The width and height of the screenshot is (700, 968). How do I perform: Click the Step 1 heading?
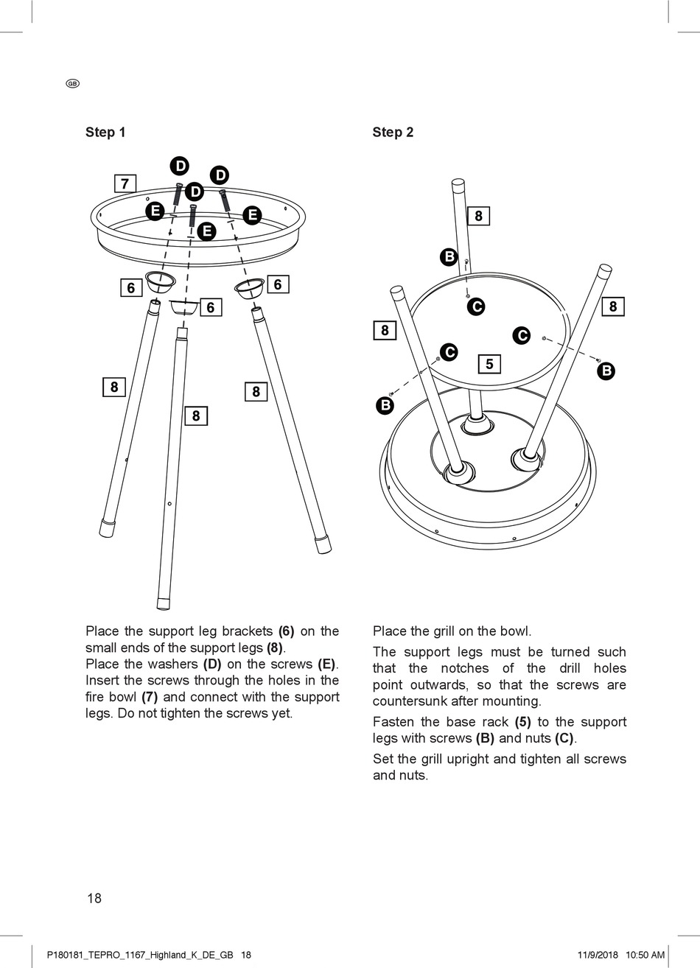105,133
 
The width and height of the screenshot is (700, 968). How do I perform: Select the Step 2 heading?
393,133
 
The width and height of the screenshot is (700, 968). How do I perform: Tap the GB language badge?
72,83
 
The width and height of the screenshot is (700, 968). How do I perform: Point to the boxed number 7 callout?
125,183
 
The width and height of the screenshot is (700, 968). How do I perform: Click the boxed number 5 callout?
489,364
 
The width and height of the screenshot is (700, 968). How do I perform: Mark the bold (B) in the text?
484,738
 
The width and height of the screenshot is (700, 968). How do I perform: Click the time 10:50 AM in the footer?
645,955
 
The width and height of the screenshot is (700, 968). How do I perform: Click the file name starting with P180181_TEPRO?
139,955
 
